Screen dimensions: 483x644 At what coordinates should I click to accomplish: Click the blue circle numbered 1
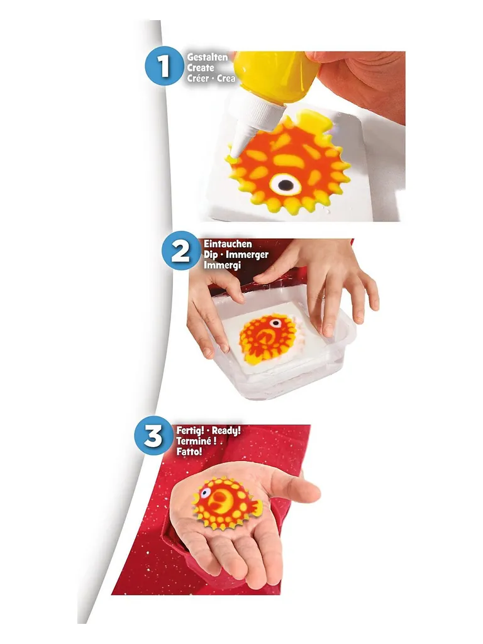164,66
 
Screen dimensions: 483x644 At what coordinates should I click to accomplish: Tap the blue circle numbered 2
180,250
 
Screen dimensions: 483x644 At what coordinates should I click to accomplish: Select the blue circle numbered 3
153,435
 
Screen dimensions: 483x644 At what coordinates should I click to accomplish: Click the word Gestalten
208,57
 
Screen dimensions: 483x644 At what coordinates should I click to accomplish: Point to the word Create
201,68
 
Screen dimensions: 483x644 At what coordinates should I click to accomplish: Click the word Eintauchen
228,244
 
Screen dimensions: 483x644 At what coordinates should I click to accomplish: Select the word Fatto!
189,452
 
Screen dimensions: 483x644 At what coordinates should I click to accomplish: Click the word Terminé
194,441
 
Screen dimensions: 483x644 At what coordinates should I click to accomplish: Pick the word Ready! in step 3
226,431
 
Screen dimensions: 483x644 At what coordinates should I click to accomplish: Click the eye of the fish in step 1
285,185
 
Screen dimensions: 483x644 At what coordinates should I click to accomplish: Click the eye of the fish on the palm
205,492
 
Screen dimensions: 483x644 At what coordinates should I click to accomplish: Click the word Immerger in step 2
247,255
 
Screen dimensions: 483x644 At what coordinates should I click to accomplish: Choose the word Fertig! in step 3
190,431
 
